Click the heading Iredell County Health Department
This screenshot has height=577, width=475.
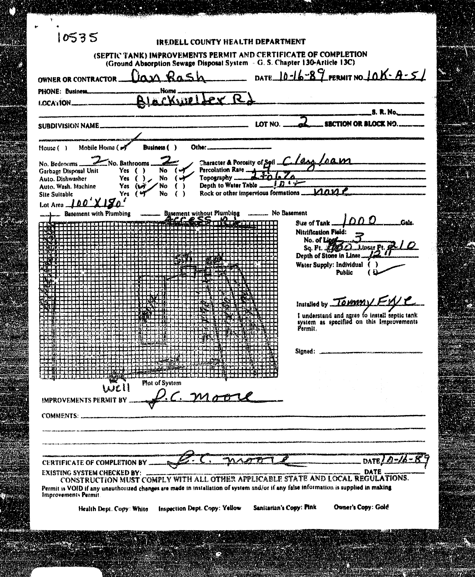231,42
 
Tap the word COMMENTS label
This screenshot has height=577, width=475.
60,416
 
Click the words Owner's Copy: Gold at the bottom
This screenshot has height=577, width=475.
361,507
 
